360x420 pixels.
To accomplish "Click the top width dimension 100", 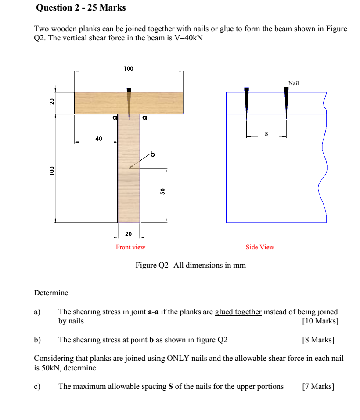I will click(x=128, y=68).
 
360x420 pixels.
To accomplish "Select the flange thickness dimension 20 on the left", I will click(x=51, y=102).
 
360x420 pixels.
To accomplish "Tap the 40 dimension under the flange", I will click(x=99, y=139).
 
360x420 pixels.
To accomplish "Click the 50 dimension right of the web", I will click(x=162, y=191).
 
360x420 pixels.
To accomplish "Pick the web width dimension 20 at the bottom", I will click(x=128, y=233).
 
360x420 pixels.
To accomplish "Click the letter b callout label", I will click(x=152, y=154).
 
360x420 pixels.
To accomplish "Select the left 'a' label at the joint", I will click(x=115, y=118).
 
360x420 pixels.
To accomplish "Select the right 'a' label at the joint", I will click(x=144, y=118).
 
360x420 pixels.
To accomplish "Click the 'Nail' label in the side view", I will click(x=293, y=83).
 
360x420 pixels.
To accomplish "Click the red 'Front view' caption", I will click(x=130, y=247).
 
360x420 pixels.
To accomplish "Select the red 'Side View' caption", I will click(x=260, y=247).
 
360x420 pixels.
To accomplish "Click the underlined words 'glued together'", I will click(x=238, y=312).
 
